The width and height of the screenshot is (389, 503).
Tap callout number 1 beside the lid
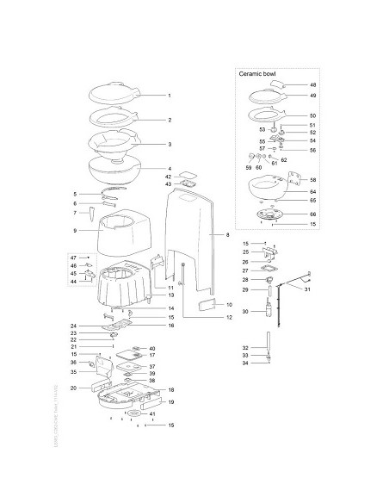point(170,95)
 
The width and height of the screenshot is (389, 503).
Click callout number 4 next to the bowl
point(170,169)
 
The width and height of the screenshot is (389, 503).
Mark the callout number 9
point(76,231)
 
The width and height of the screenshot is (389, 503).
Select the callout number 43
point(169,184)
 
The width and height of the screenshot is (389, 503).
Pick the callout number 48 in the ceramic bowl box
point(313,85)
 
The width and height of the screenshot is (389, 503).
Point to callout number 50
point(313,115)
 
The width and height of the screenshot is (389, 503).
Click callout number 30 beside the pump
point(245,311)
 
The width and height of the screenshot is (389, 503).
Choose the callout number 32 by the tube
point(245,347)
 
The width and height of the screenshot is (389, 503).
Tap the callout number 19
point(170,402)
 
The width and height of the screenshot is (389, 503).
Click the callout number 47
point(74,258)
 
